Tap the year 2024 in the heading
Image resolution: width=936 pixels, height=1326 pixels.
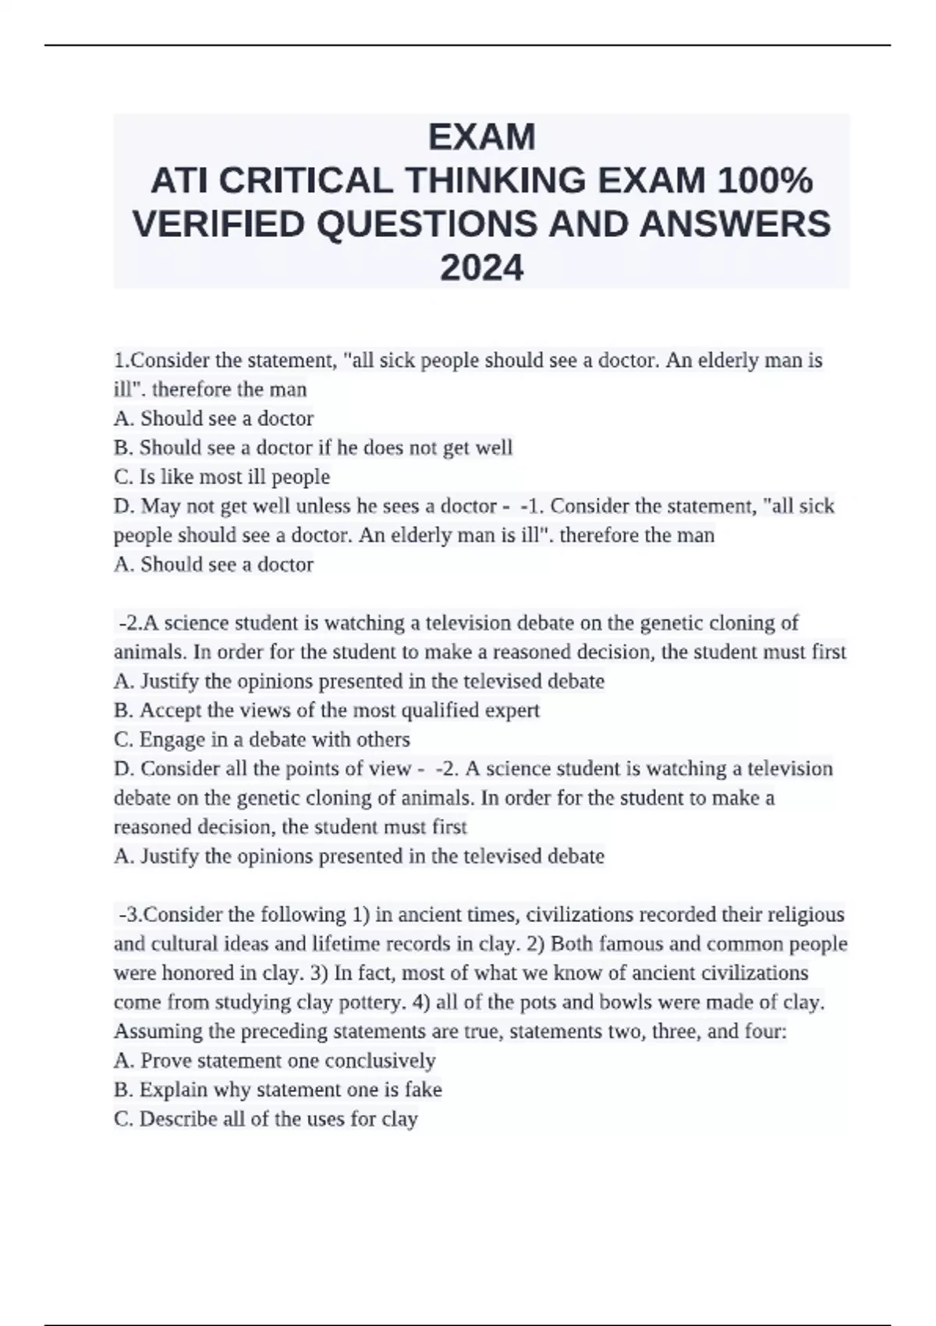[x=482, y=268]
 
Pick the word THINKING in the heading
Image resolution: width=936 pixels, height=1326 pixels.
[x=495, y=181]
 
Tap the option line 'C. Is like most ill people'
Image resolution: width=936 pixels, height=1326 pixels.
[x=222, y=477]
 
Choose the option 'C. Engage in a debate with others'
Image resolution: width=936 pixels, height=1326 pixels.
[x=262, y=739]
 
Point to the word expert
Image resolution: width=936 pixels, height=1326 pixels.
[x=512, y=711]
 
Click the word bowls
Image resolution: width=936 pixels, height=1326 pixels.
[x=667, y=1002]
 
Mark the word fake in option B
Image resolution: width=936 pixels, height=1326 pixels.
[x=424, y=1090]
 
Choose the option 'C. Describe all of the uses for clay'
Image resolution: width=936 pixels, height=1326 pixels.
[x=266, y=1119]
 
